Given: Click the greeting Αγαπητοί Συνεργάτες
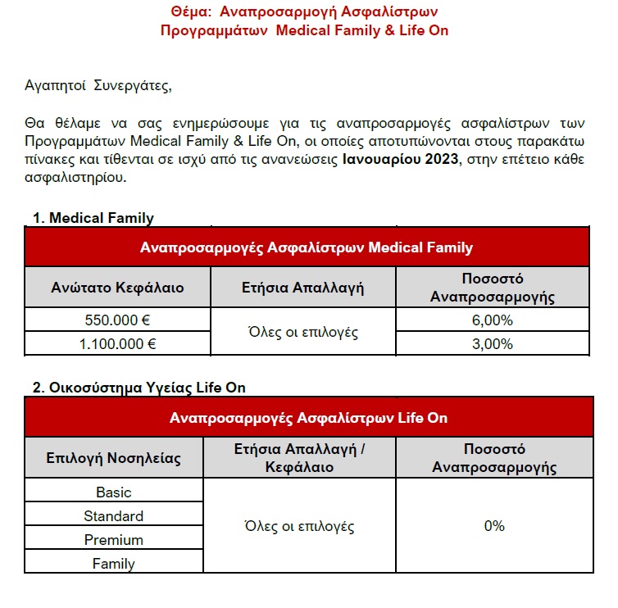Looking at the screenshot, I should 100,84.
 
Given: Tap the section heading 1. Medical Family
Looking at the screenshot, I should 93,218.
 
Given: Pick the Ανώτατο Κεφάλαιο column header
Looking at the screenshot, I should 117,288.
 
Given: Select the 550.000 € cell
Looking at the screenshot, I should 117,320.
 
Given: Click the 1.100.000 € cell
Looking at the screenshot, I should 117,343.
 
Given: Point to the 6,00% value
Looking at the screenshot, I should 493,320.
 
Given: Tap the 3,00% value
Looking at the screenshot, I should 493,343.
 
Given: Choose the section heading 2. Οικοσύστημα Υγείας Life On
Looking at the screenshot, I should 139,388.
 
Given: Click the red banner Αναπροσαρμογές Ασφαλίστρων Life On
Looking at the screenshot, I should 308,417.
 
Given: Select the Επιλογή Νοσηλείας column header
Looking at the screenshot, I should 113,458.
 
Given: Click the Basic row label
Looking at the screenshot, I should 113,492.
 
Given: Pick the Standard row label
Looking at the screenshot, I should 113,516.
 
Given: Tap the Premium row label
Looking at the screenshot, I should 113,540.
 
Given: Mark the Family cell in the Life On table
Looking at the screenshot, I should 113,564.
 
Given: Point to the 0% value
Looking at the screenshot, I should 494,526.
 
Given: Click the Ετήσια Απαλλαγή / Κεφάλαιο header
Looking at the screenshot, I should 299,458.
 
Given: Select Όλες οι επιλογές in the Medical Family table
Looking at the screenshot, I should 302,332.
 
